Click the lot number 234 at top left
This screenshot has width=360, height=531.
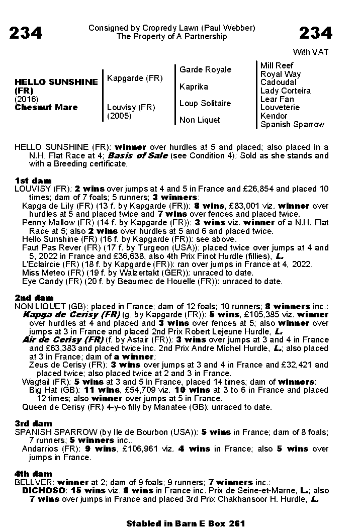(x=26, y=33)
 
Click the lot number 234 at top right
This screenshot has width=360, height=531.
(x=316, y=33)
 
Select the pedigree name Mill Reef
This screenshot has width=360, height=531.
(x=277, y=65)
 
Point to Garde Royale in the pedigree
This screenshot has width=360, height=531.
(x=205, y=69)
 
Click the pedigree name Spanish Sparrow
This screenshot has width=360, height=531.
(x=292, y=124)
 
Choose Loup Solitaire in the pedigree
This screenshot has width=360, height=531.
(x=205, y=103)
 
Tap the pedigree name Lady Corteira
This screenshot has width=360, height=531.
(x=285, y=91)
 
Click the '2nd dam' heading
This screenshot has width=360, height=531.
(x=34, y=298)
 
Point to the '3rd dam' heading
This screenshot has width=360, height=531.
(x=33, y=423)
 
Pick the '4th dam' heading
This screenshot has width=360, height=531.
(x=33, y=474)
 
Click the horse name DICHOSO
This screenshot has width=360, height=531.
(x=44, y=491)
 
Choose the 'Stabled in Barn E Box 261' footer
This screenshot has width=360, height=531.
(x=186, y=523)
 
